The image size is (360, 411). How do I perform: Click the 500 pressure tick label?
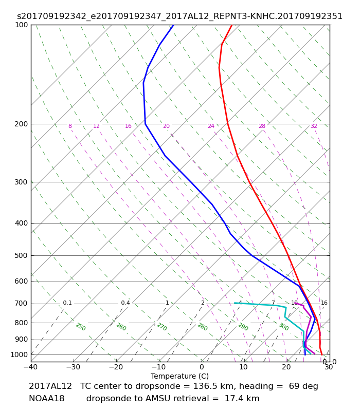pos(21,255)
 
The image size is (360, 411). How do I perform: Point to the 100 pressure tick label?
pos(21,25)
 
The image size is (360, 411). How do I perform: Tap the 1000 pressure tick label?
pos(19,354)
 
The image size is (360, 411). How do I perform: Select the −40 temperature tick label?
pos(31,367)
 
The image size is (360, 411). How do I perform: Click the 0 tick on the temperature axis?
pos(202,367)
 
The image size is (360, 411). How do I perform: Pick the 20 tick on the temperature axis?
pos(286,367)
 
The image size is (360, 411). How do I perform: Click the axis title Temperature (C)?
pos(179,376)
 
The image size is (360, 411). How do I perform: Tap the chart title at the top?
pos(179,16)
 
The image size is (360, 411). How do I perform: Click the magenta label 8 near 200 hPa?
pos(70,126)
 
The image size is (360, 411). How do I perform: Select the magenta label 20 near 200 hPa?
pos(166,126)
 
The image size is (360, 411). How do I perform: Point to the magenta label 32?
pos(314,126)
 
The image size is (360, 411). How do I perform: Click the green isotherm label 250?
pos(81,327)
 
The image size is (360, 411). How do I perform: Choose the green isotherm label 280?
pos(202,327)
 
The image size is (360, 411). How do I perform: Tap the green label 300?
pos(283,327)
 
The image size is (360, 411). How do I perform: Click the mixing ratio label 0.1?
pos(67,303)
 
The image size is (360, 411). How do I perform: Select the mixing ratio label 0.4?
pos(125,303)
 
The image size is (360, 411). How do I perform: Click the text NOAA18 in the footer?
pos(47,399)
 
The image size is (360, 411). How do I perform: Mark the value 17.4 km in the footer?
pos(242,399)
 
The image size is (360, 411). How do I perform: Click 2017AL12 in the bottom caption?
pos(50,386)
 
